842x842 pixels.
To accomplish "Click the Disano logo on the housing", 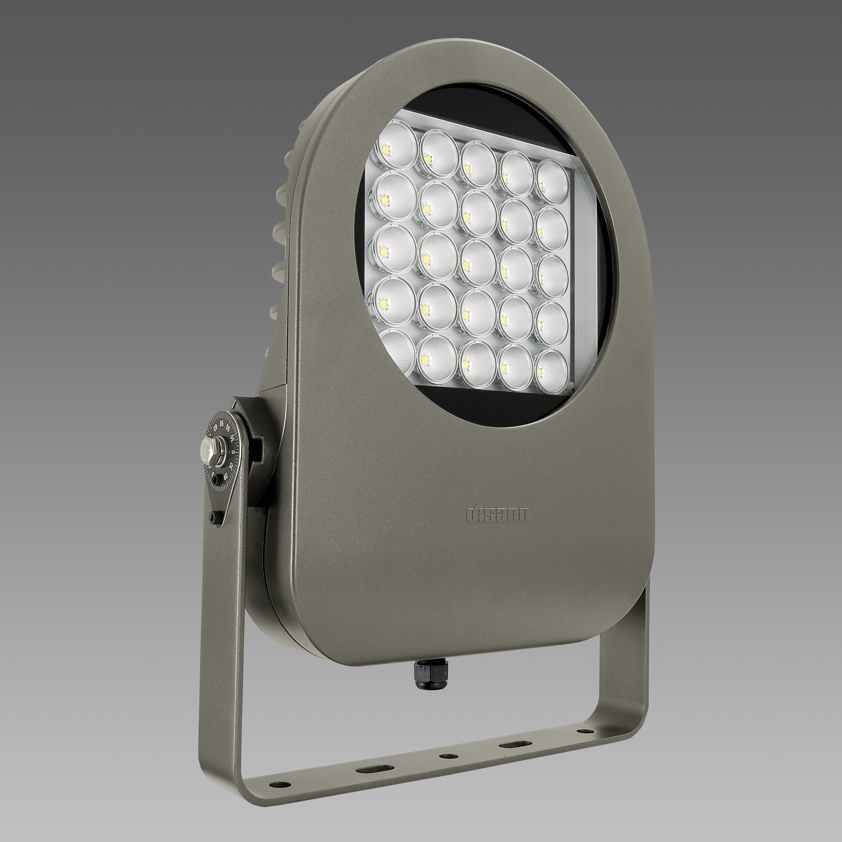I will pos(497,515).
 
